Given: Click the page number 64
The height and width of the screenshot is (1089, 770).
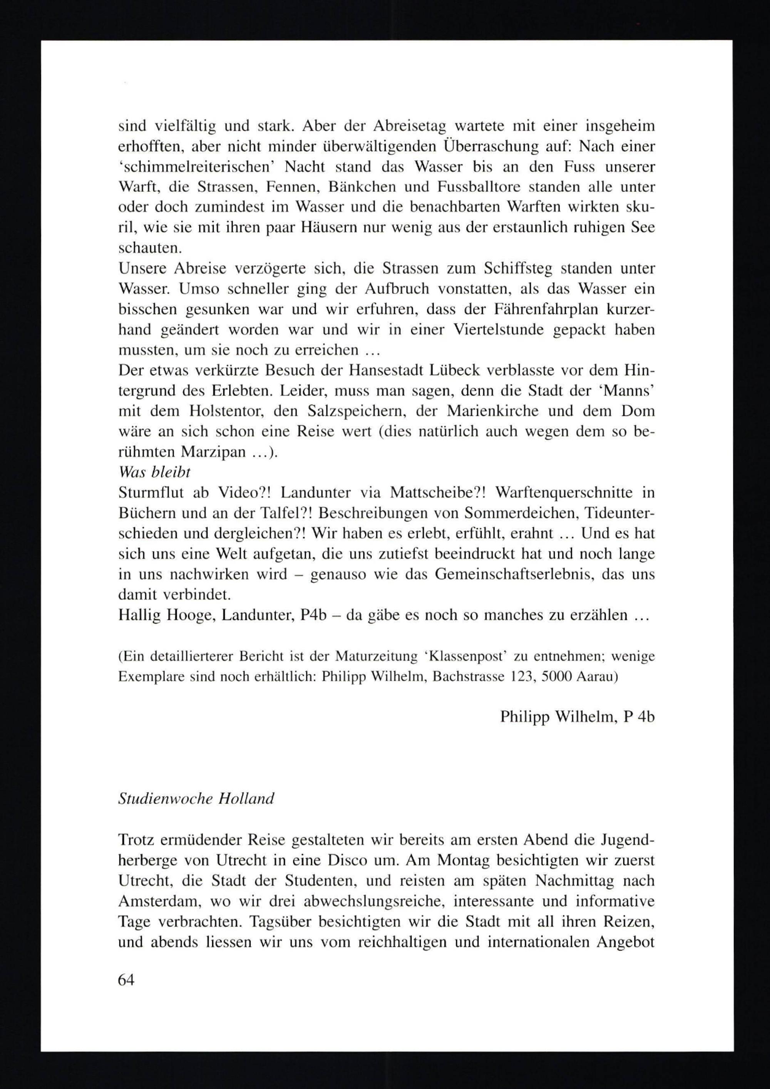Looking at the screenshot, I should [x=126, y=979].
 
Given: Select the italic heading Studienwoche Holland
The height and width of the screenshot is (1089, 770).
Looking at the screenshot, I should [x=196, y=799].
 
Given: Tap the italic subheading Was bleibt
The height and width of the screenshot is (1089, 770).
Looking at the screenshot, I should [x=154, y=472].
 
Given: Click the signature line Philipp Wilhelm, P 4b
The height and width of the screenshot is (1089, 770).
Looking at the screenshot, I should [x=577, y=717].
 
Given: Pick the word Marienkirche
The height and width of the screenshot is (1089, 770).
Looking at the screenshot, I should [x=493, y=411].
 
